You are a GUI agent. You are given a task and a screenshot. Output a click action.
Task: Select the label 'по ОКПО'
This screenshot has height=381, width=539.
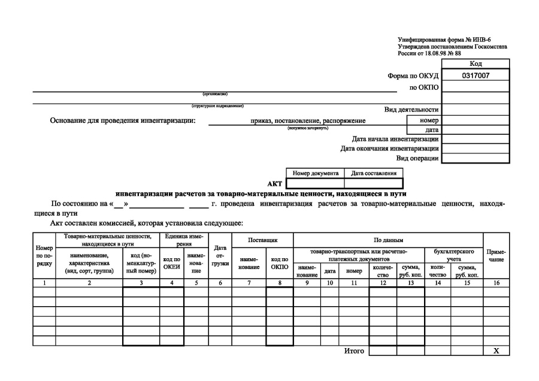click(x=424, y=87)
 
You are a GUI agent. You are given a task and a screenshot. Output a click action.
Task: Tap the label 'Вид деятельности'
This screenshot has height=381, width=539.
click(x=411, y=110)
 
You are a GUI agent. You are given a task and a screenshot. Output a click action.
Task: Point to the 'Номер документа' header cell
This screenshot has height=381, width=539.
click(x=316, y=173)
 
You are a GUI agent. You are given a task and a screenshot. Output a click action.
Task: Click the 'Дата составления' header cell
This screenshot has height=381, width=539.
click(x=374, y=173)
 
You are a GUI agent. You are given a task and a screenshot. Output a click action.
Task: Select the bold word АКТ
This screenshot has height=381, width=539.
click(x=274, y=184)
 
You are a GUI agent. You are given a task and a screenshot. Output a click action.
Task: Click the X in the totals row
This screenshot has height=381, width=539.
click(x=496, y=350)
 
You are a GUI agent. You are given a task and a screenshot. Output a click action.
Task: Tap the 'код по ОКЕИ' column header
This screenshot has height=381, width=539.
click(x=171, y=263)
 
